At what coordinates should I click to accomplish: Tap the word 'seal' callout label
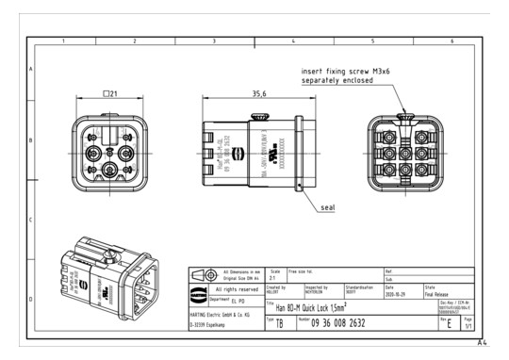point(327,204)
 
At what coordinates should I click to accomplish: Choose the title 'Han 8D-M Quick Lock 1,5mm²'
point(320,307)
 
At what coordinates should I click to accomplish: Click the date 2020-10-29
point(398,292)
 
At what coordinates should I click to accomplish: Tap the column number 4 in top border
point(294,41)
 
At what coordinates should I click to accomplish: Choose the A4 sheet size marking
point(482,343)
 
